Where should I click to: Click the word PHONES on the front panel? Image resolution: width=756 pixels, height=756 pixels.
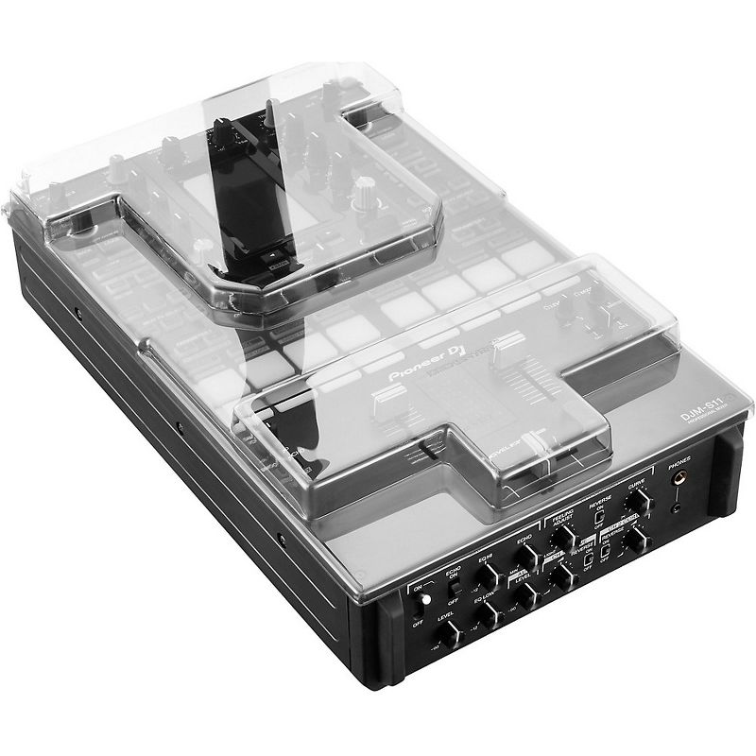coord(679,462)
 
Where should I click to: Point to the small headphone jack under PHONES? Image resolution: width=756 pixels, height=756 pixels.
coord(679,509)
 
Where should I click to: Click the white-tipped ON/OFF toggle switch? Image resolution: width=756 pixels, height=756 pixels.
coord(424,606)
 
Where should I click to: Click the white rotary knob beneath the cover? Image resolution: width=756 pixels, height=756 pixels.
coord(363,203)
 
